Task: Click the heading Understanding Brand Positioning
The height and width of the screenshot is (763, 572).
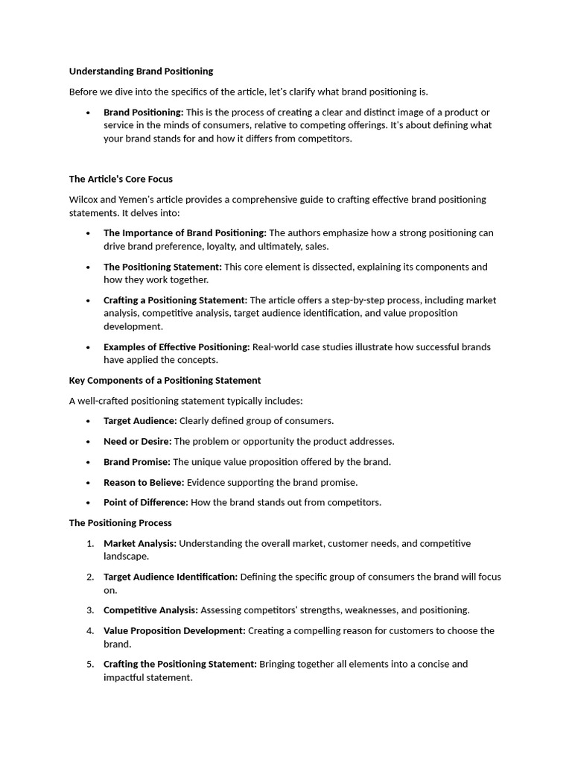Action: tap(141, 72)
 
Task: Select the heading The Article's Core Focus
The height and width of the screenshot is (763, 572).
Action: tap(121, 179)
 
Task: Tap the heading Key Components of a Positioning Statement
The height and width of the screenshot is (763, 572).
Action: tap(165, 380)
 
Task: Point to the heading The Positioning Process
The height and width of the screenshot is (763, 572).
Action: tap(120, 523)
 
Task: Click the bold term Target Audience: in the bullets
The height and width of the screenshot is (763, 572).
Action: tap(140, 421)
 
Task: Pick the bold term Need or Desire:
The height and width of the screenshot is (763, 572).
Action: tap(137, 441)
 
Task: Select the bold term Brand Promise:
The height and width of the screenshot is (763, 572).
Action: tap(136, 462)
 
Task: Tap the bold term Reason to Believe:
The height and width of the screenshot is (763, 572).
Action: tap(144, 482)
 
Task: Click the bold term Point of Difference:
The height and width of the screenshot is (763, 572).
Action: tap(146, 502)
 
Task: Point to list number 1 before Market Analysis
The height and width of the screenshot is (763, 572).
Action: tap(89, 543)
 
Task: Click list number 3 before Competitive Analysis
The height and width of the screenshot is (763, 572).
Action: tap(89, 610)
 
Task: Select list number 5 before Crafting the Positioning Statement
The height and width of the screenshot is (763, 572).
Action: tap(89, 664)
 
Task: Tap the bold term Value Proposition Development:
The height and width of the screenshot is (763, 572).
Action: tap(174, 630)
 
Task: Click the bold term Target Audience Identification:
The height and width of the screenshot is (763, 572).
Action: tap(171, 577)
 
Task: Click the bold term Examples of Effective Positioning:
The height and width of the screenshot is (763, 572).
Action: tap(177, 346)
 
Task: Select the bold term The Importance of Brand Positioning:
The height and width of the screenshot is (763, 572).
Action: tap(185, 233)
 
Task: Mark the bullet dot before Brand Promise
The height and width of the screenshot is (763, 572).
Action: tap(88, 462)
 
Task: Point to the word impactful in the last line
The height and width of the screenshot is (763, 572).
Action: tap(127, 677)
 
